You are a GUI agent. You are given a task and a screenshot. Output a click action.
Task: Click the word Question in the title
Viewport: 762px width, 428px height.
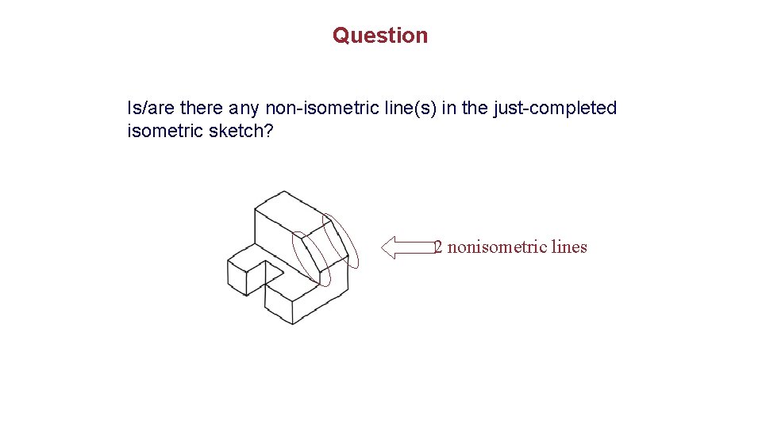click(x=380, y=36)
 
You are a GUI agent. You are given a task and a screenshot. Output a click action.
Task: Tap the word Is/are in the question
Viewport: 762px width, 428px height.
click(x=152, y=108)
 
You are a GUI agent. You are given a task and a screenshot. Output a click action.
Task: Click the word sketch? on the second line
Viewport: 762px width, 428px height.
click(x=241, y=131)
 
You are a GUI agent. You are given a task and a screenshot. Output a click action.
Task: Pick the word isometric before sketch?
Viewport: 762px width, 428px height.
click(x=165, y=131)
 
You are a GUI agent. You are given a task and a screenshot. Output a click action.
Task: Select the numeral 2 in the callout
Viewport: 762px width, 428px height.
click(x=437, y=247)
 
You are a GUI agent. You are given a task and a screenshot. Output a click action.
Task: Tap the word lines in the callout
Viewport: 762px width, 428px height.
click(x=569, y=247)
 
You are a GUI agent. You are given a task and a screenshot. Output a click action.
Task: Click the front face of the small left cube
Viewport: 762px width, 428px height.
click(x=237, y=277)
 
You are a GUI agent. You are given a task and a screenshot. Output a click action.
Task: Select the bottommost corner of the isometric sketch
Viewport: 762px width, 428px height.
click(x=294, y=323)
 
